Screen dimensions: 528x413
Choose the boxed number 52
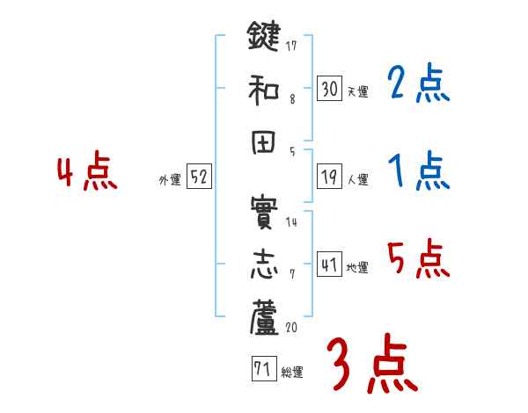tap(200, 178)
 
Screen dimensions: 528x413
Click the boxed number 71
tap(262, 369)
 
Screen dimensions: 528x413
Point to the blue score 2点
tap(418, 85)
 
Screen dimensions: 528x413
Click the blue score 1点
tap(418, 172)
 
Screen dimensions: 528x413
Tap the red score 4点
tap(86, 173)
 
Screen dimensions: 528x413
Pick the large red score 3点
tap(371, 365)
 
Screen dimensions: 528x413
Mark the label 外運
tap(170, 180)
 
